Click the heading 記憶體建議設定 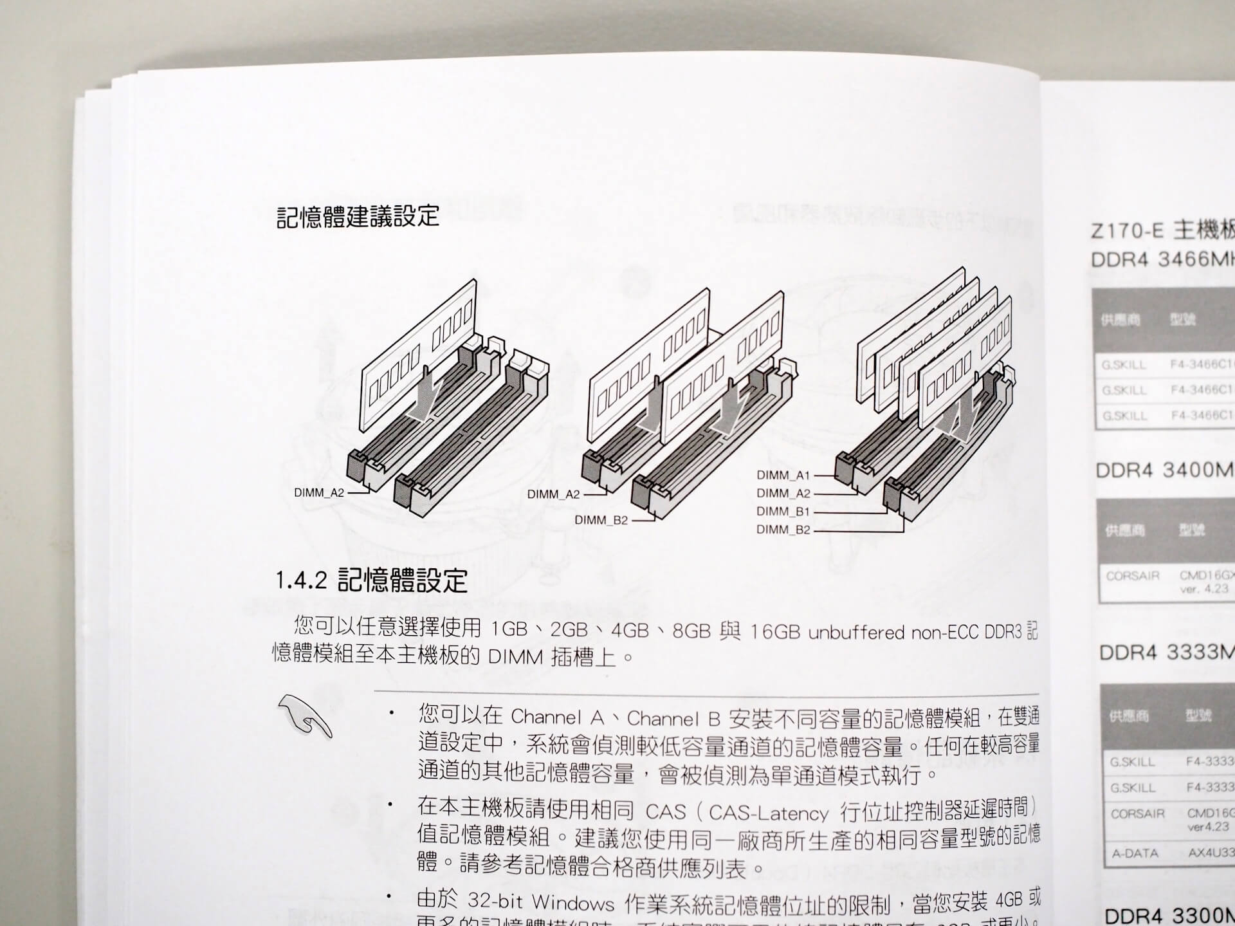pyautogui.click(x=358, y=217)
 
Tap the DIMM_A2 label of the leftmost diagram pyautogui.click(x=319, y=493)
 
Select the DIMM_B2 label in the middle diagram pyautogui.click(x=601, y=520)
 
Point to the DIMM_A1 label pyautogui.click(x=783, y=476)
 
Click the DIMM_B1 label pyautogui.click(x=783, y=512)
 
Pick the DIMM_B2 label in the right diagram pyautogui.click(x=783, y=530)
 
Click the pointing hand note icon pyautogui.click(x=305, y=716)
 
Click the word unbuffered pyautogui.click(x=856, y=633)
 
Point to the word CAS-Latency pyautogui.click(x=768, y=813)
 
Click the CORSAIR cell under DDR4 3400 pyautogui.click(x=1132, y=576)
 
